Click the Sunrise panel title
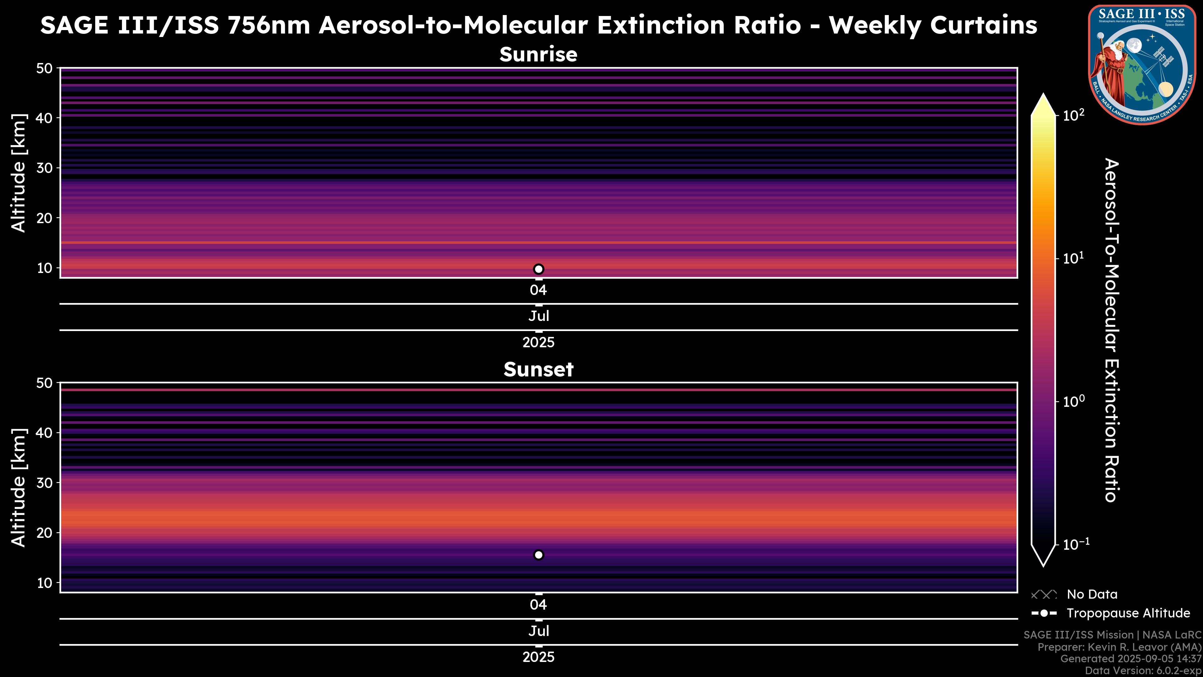pos(539,55)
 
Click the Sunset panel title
pos(539,370)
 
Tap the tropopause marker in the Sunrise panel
pos(539,269)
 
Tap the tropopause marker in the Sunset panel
pos(539,555)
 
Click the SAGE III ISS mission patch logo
pos(1142,65)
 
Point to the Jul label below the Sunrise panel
pos(539,316)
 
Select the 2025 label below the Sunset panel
pos(539,657)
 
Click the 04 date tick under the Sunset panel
pos(539,605)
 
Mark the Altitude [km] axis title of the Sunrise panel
pos(19,173)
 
